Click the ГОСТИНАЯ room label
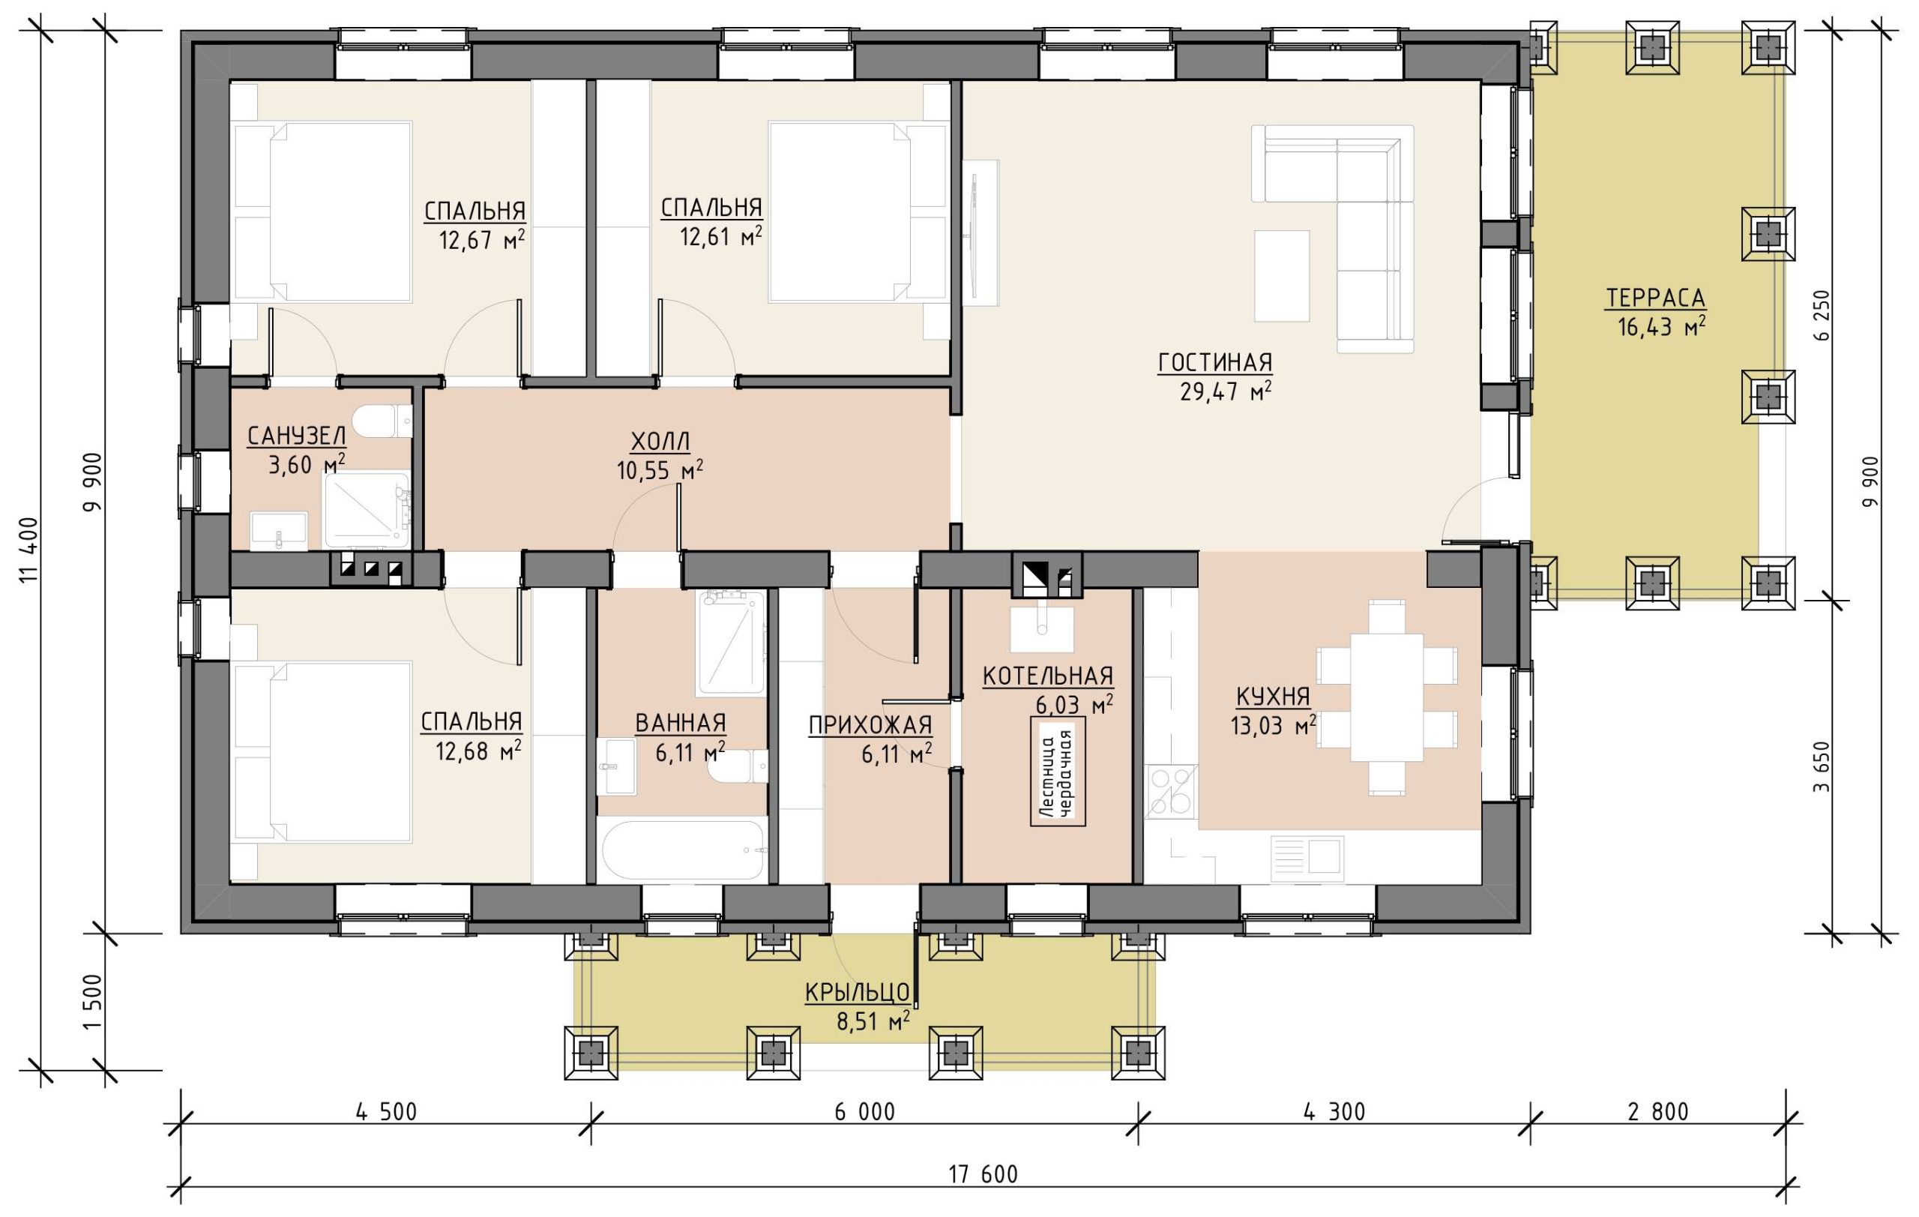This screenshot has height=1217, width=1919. pos(1214,364)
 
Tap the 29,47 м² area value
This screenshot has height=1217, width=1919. pos(1225,391)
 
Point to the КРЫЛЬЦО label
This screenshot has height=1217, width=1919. pos(858,992)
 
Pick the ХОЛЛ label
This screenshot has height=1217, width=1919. pos(660,441)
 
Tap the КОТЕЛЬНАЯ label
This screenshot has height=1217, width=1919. pos(1047,676)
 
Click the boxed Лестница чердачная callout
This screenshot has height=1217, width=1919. pos(1058,772)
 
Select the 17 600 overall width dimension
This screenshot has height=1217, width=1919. pos(983,1174)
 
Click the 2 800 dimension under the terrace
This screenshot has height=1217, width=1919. pos(1657,1111)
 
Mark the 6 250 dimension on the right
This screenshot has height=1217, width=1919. pos(1821,315)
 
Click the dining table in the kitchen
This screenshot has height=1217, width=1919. pos(1387,697)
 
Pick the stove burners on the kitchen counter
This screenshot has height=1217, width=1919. pos(1171,791)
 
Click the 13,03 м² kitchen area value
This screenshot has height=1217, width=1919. pos(1273,725)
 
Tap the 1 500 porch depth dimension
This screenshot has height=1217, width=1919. pos(93,1001)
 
